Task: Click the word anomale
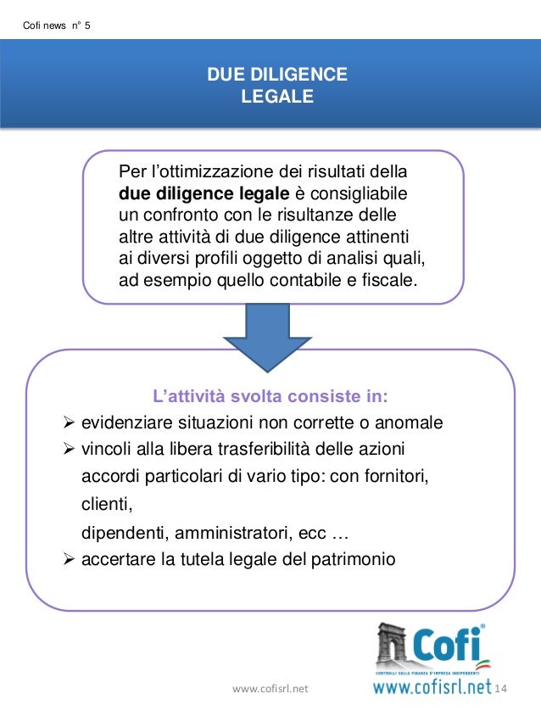(x=412, y=423)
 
